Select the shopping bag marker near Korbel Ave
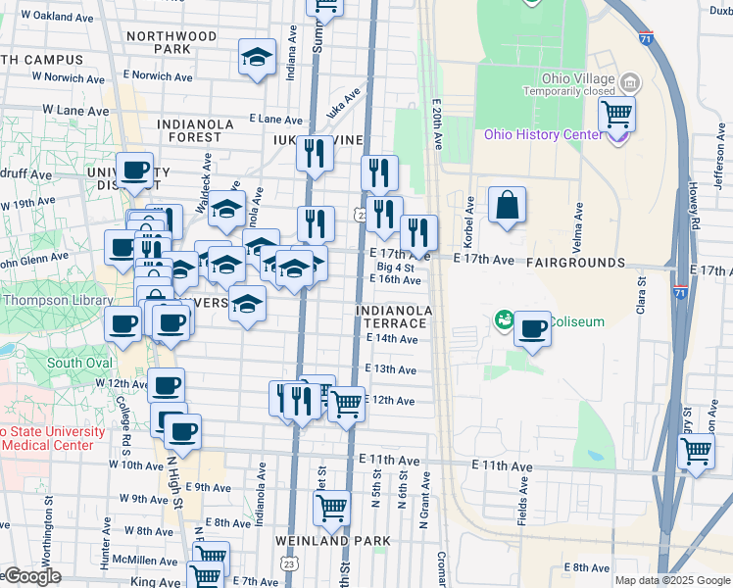pyautogui.click(x=507, y=206)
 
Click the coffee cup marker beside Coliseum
pyautogui.click(x=532, y=328)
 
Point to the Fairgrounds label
pyautogui.click(x=575, y=263)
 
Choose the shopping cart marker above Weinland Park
pyautogui.click(x=332, y=508)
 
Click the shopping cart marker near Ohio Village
pyautogui.click(x=616, y=114)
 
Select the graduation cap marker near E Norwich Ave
pyautogui.click(x=257, y=58)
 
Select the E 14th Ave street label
pyautogui.click(x=392, y=339)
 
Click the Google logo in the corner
pyautogui.click(x=31, y=577)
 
